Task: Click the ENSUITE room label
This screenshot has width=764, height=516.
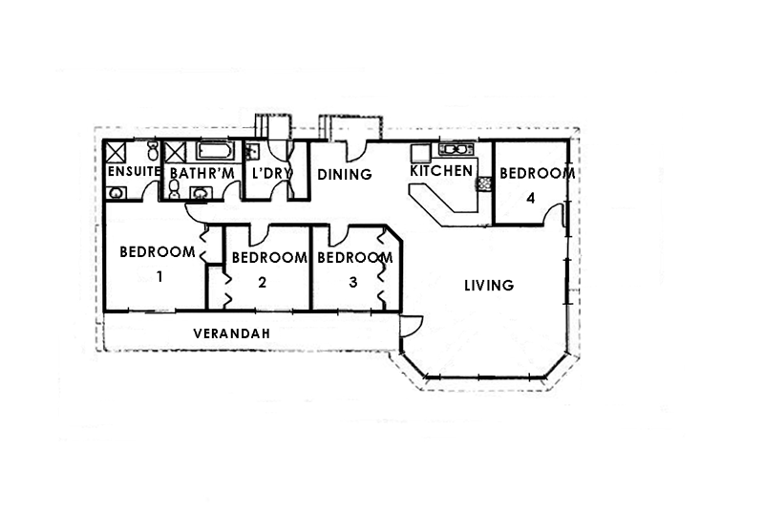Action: point(132,173)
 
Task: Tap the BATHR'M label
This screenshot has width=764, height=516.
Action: point(202,173)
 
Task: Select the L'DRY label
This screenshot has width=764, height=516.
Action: point(271,173)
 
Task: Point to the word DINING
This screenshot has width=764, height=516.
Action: point(344,174)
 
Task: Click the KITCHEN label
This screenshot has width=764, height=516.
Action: point(441,171)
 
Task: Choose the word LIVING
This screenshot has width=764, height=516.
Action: point(489,285)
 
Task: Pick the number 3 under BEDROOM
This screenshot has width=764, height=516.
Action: point(353,282)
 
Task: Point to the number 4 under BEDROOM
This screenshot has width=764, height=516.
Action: point(533,199)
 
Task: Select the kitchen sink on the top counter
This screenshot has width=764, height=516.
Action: point(453,149)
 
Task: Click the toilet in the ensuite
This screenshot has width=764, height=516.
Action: point(154,152)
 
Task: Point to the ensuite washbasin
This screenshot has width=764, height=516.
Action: point(117,193)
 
